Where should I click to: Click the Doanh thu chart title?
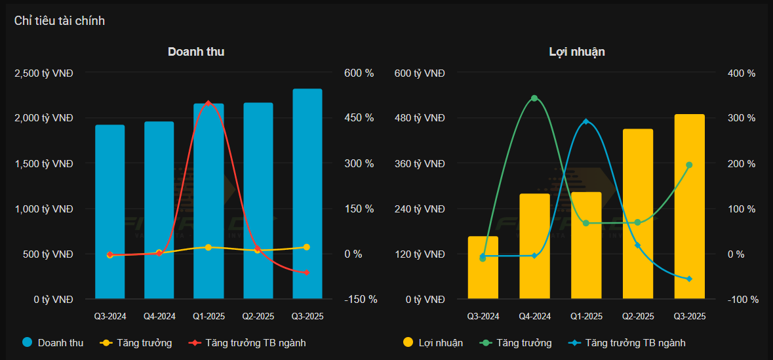pyautogui.click(x=196, y=51)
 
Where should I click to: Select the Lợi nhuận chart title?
pyautogui.click(x=576, y=51)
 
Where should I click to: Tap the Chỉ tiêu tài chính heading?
pyautogui.click(x=60, y=21)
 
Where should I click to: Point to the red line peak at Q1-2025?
pyautogui.click(x=208, y=103)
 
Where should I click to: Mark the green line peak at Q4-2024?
pyautogui.click(x=534, y=98)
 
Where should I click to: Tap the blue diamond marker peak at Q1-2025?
pyautogui.click(x=585, y=121)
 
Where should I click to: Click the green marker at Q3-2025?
pyautogui.click(x=689, y=165)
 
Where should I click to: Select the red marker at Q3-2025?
pyautogui.click(x=307, y=272)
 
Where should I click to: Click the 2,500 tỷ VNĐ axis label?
pyautogui.click(x=44, y=73)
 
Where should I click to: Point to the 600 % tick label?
pyautogui.click(x=359, y=73)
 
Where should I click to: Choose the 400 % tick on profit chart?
pyautogui.click(x=742, y=73)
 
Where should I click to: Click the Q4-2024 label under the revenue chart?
pyautogui.click(x=159, y=316)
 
